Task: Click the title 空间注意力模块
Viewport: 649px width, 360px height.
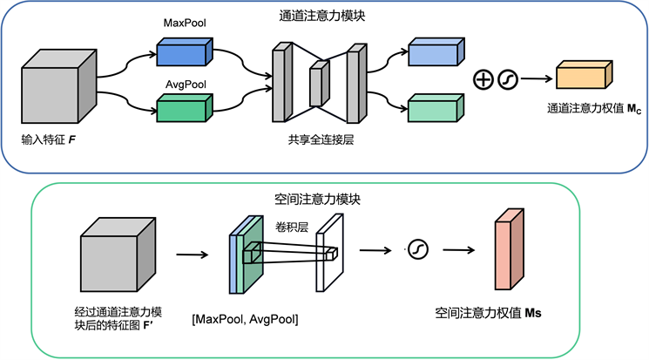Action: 324,199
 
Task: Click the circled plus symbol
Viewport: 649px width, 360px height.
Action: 483,79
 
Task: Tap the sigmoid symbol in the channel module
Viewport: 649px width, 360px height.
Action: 507,79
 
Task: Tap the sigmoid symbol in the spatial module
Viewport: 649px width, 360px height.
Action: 417,251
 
